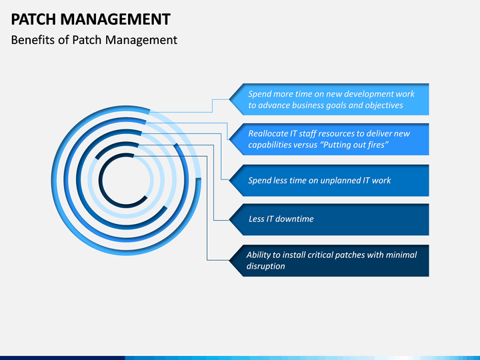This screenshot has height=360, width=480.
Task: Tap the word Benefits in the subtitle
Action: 33,40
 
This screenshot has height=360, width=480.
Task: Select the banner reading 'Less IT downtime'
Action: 330,219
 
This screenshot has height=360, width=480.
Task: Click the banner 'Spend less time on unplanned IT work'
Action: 330,180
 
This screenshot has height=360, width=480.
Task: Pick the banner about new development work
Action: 330,99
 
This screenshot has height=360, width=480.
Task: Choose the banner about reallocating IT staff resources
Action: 330,139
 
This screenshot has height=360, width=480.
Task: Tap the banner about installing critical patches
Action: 330,260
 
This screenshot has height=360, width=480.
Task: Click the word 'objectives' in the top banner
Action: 381,105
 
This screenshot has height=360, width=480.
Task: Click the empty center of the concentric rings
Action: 124,180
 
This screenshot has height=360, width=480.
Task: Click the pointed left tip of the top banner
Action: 230,99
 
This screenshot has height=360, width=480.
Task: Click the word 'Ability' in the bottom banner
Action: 258,255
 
